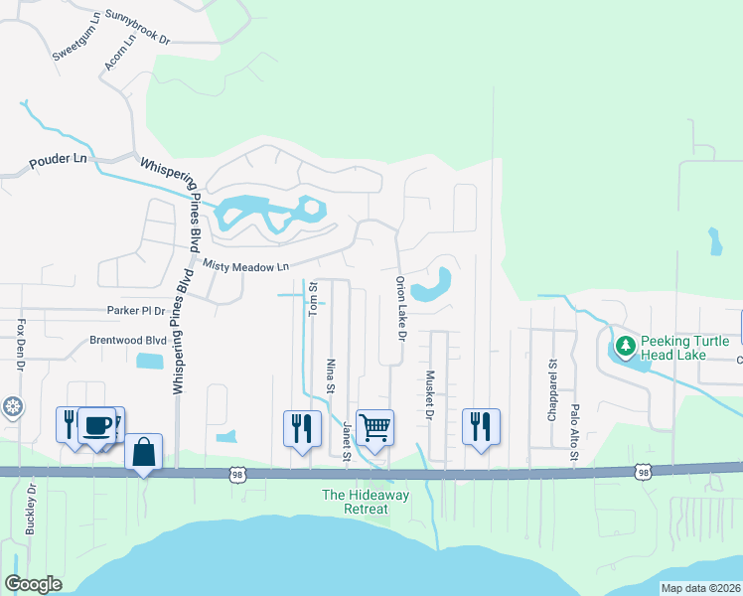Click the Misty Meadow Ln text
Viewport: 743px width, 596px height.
pyautogui.click(x=245, y=266)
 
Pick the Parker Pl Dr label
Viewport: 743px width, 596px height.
pyautogui.click(x=136, y=311)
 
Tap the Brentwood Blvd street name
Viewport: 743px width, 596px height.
pyautogui.click(x=128, y=340)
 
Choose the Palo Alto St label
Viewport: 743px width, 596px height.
pyautogui.click(x=574, y=432)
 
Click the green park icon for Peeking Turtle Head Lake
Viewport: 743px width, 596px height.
pyautogui.click(x=625, y=347)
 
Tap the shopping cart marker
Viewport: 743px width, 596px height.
pyautogui.click(x=375, y=428)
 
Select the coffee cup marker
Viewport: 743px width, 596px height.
pyautogui.click(x=96, y=425)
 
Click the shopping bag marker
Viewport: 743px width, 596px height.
pyautogui.click(x=143, y=451)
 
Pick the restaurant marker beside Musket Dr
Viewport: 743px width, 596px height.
pyautogui.click(x=481, y=427)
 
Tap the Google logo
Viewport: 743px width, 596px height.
pyautogui.click(x=33, y=584)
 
